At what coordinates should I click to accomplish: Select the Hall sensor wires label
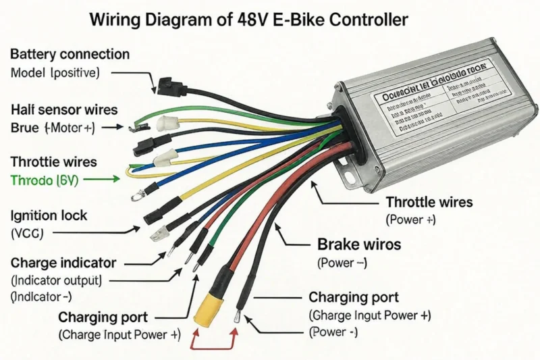tap(64, 109)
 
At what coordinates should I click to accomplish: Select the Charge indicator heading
tap(63, 263)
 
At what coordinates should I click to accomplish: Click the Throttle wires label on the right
tap(429, 202)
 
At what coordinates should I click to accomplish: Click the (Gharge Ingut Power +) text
tap(369, 315)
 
